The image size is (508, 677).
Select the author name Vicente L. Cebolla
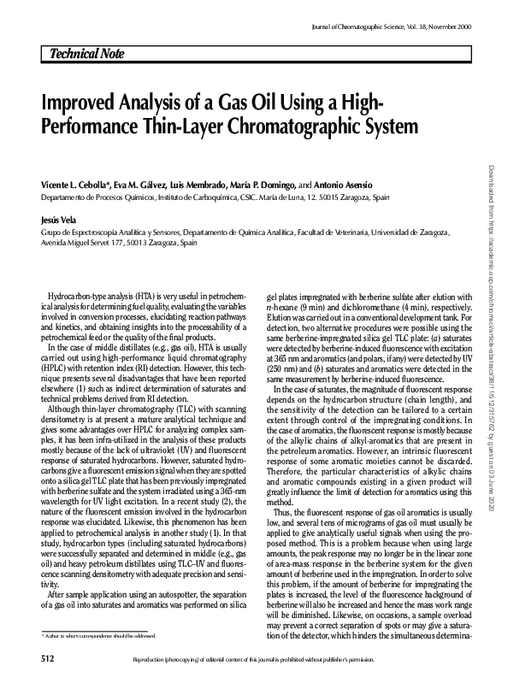(x=70, y=185)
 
